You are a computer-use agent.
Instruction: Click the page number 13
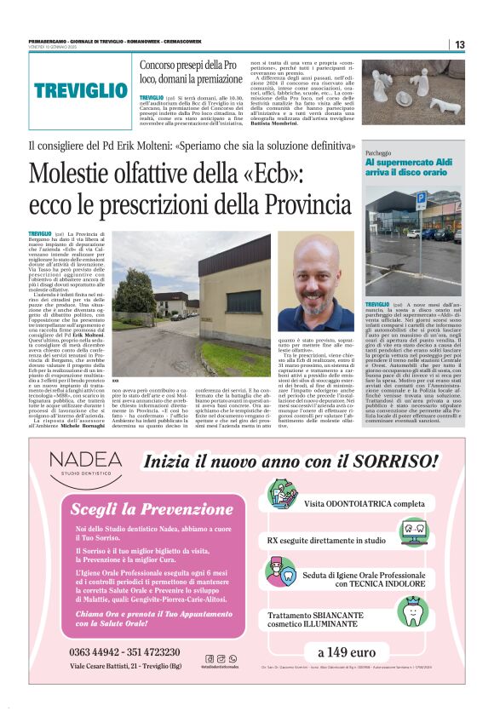pos(459,44)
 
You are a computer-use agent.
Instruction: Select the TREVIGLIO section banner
pos(81,89)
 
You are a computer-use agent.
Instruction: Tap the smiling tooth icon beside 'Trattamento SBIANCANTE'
pos(416,610)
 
